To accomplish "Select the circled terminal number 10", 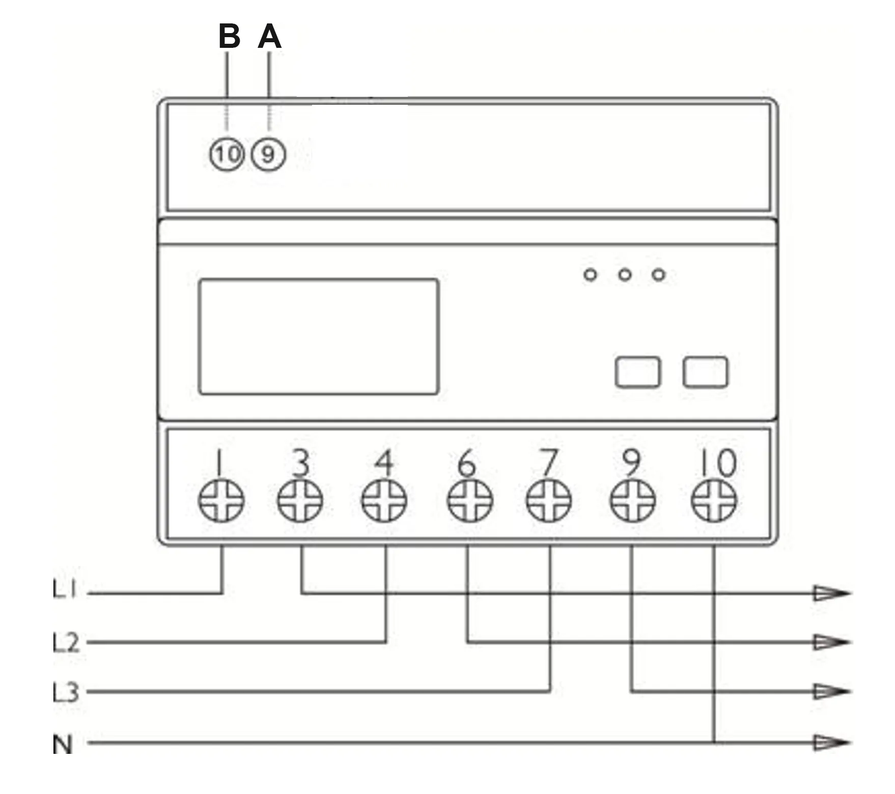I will pos(227,154).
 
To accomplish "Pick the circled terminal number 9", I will pos(268,154).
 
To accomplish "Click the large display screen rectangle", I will pos(319,336).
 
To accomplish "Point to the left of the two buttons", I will pos(638,372).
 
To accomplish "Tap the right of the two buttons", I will pos(705,372).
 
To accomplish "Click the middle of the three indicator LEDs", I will pos(625,275).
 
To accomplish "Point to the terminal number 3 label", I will pos(301,463).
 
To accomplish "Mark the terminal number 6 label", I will pos(466,463).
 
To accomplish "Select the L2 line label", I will pos(66,642).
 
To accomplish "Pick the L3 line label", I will pos(66,692).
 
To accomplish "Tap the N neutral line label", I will pos(63,744).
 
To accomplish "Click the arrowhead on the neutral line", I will pos(831,743).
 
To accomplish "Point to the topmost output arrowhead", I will pos(831,593).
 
